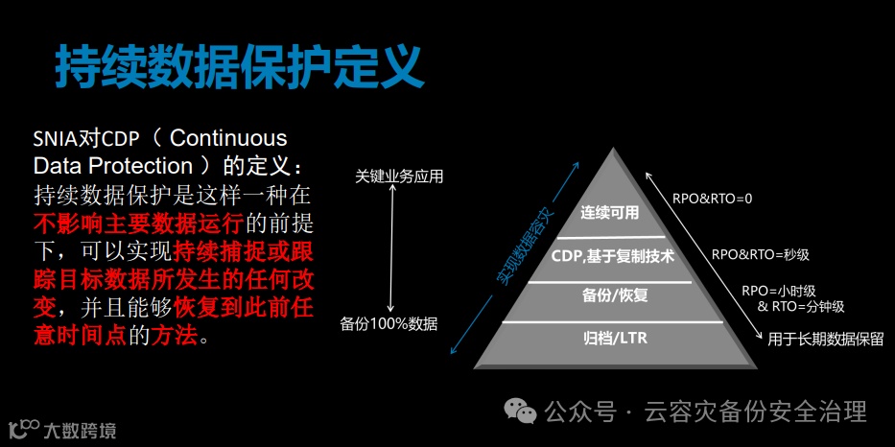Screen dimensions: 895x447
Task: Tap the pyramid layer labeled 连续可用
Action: [609, 213]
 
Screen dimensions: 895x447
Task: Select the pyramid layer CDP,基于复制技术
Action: [613, 257]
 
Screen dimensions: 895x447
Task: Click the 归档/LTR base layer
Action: [614, 338]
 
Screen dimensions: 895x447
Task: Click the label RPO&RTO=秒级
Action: [760, 255]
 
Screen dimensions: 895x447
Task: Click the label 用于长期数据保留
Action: [824, 338]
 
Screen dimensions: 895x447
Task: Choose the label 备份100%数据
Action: [389, 324]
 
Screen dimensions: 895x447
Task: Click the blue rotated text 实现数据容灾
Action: [526, 247]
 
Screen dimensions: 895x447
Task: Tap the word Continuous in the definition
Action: [228, 139]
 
